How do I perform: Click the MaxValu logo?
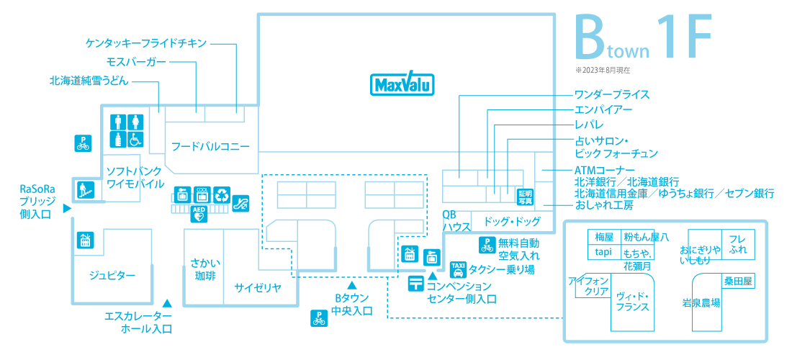click(x=402, y=84)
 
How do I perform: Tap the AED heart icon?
click(x=199, y=215)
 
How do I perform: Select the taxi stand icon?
click(x=457, y=269)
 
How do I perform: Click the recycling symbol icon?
click(x=222, y=194)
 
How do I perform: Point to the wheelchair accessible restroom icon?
click(x=135, y=140)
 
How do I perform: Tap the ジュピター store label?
click(x=112, y=275)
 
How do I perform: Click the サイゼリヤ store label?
click(x=258, y=288)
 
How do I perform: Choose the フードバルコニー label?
click(x=211, y=147)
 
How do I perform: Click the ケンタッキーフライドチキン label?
click(x=146, y=43)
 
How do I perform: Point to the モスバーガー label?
click(x=136, y=62)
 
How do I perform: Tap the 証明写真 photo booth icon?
click(x=525, y=196)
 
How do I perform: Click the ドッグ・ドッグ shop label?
click(x=512, y=220)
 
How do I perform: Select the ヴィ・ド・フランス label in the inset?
click(x=632, y=301)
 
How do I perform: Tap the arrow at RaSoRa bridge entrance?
click(x=66, y=208)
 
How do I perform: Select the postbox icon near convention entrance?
click(x=415, y=284)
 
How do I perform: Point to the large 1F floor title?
click(x=685, y=36)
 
